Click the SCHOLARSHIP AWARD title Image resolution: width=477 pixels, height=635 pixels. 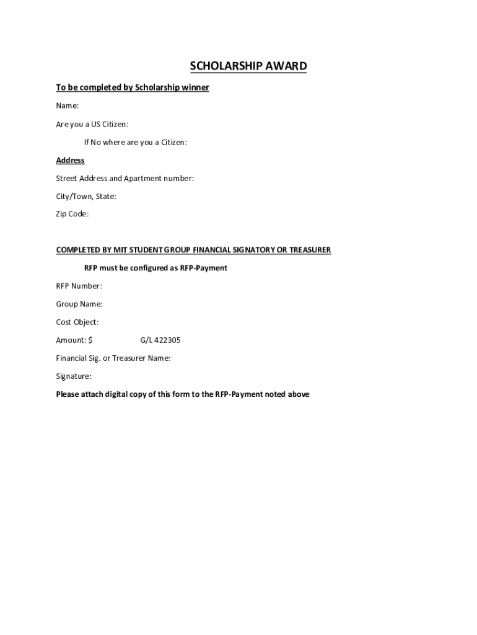[248, 66]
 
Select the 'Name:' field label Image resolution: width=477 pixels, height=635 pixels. [67, 106]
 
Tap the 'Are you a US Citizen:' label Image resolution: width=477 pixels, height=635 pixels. [92, 124]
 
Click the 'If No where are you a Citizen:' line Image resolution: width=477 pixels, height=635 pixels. [135, 142]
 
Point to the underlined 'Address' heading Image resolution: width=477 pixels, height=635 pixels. [70, 160]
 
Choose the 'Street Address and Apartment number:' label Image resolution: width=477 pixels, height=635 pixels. [125, 178]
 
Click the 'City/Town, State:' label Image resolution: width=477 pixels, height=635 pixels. [86, 196]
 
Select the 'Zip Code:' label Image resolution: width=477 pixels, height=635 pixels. [72, 214]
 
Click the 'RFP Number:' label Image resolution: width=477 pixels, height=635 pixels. [79, 286]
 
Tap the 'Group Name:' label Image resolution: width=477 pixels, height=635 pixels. [79, 304]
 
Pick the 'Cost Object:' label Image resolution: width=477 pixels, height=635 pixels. [77, 322]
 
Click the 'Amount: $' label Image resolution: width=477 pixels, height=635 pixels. [74, 340]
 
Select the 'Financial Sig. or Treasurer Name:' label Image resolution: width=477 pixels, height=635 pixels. [113, 358]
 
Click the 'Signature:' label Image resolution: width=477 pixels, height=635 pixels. [74, 376]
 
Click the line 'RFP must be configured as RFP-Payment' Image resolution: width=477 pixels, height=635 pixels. [155, 268]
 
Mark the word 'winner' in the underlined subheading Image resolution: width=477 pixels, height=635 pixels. [195, 87]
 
